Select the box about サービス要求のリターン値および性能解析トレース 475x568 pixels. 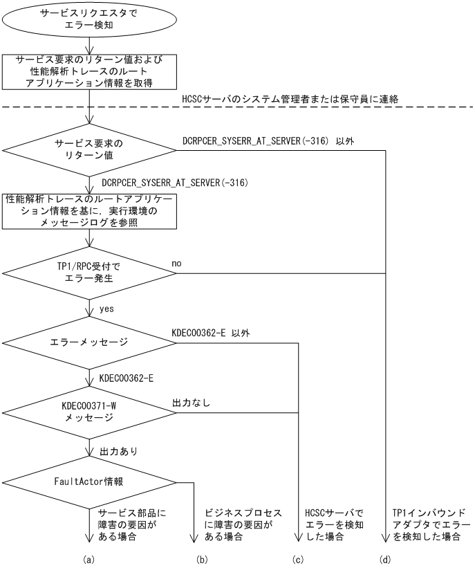pos(90,71)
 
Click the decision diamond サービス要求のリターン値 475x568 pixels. pos(90,149)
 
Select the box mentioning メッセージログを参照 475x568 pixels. pos(90,211)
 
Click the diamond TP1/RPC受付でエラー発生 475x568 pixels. pos(90,273)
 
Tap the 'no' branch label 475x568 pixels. pos(176,264)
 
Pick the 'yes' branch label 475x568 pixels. pos(108,309)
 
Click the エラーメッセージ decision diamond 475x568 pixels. pos(90,342)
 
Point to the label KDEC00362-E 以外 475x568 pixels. pos(210,333)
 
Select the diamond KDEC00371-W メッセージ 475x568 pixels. pos(90,414)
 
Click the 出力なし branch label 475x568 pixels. pos(192,403)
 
